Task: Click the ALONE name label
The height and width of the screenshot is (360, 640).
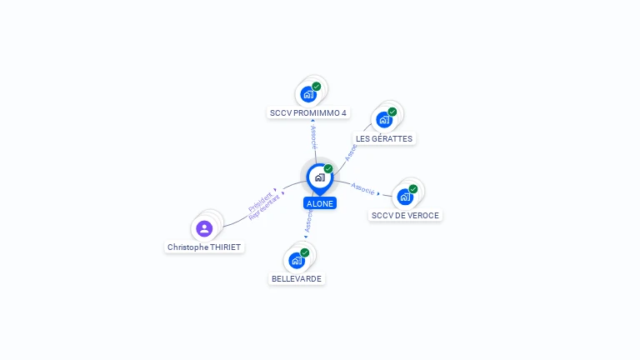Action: pyautogui.click(x=320, y=203)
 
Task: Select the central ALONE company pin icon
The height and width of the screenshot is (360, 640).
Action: pyautogui.click(x=319, y=177)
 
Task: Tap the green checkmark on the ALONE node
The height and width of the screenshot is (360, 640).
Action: pyautogui.click(x=328, y=169)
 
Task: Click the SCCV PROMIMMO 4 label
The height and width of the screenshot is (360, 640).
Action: pyautogui.click(x=308, y=112)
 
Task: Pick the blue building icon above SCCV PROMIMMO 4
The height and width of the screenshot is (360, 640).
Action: pyautogui.click(x=308, y=94)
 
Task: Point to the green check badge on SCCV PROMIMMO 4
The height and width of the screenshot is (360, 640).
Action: pyautogui.click(x=317, y=87)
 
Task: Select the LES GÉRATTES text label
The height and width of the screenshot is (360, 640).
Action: pyautogui.click(x=384, y=138)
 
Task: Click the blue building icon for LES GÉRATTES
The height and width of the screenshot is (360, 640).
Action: pyautogui.click(x=384, y=120)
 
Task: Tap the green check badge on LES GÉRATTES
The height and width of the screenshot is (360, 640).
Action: pyautogui.click(x=392, y=112)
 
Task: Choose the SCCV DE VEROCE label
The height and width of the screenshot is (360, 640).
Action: pyautogui.click(x=405, y=215)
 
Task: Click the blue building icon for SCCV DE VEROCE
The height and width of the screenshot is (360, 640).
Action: pyautogui.click(x=405, y=197)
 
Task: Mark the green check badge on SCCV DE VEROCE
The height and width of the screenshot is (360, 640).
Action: pyautogui.click(x=413, y=189)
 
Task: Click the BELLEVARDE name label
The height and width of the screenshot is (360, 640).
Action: pyautogui.click(x=297, y=278)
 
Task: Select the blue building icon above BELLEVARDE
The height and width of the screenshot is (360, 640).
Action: pyautogui.click(x=297, y=260)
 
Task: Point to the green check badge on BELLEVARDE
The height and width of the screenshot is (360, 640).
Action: pyautogui.click(x=305, y=252)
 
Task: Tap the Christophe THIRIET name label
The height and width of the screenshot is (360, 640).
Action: pyautogui.click(x=205, y=247)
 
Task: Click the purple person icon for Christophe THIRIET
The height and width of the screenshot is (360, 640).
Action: pyautogui.click(x=205, y=227)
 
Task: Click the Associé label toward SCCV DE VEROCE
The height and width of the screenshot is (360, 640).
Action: pyautogui.click(x=363, y=187)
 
